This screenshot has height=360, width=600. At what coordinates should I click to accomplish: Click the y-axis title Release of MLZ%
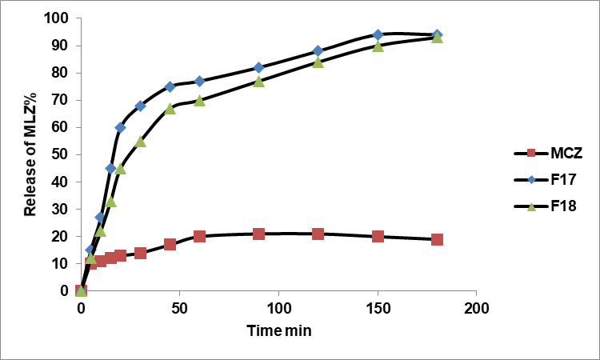pyautogui.click(x=30, y=154)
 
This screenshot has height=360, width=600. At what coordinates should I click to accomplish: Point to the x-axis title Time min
pyautogui.click(x=279, y=330)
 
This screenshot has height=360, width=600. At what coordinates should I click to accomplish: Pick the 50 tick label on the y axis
pyautogui.click(x=62, y=154)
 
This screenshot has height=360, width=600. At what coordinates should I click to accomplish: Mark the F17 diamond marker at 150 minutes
pyautogui.click(x=378, y=34)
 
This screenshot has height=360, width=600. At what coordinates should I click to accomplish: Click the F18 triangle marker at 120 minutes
pyautogui.click(x=318, y=62)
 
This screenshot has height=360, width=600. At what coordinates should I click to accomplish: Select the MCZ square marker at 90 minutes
pyautogui.click(x=258, y=234)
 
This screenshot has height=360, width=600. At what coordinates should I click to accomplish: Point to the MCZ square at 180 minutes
pyautogui.click(x=437, y=239)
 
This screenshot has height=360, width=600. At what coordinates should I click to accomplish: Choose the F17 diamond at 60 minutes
pyautogui.click(x=199, y=81)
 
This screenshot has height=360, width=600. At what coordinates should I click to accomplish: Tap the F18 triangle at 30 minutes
pyautogui.click(x=140, y=141)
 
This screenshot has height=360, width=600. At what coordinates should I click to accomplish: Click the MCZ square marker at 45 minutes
pyautogui.click(x=170, y=244)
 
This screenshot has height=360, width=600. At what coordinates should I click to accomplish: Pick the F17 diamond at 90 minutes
pyautogui.click(x=258, y=67)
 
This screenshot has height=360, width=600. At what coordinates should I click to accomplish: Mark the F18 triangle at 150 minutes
pyautogui.click(x=378, y=46)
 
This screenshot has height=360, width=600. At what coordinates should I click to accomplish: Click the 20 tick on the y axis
pyautogui.click(x=62, y=236)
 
